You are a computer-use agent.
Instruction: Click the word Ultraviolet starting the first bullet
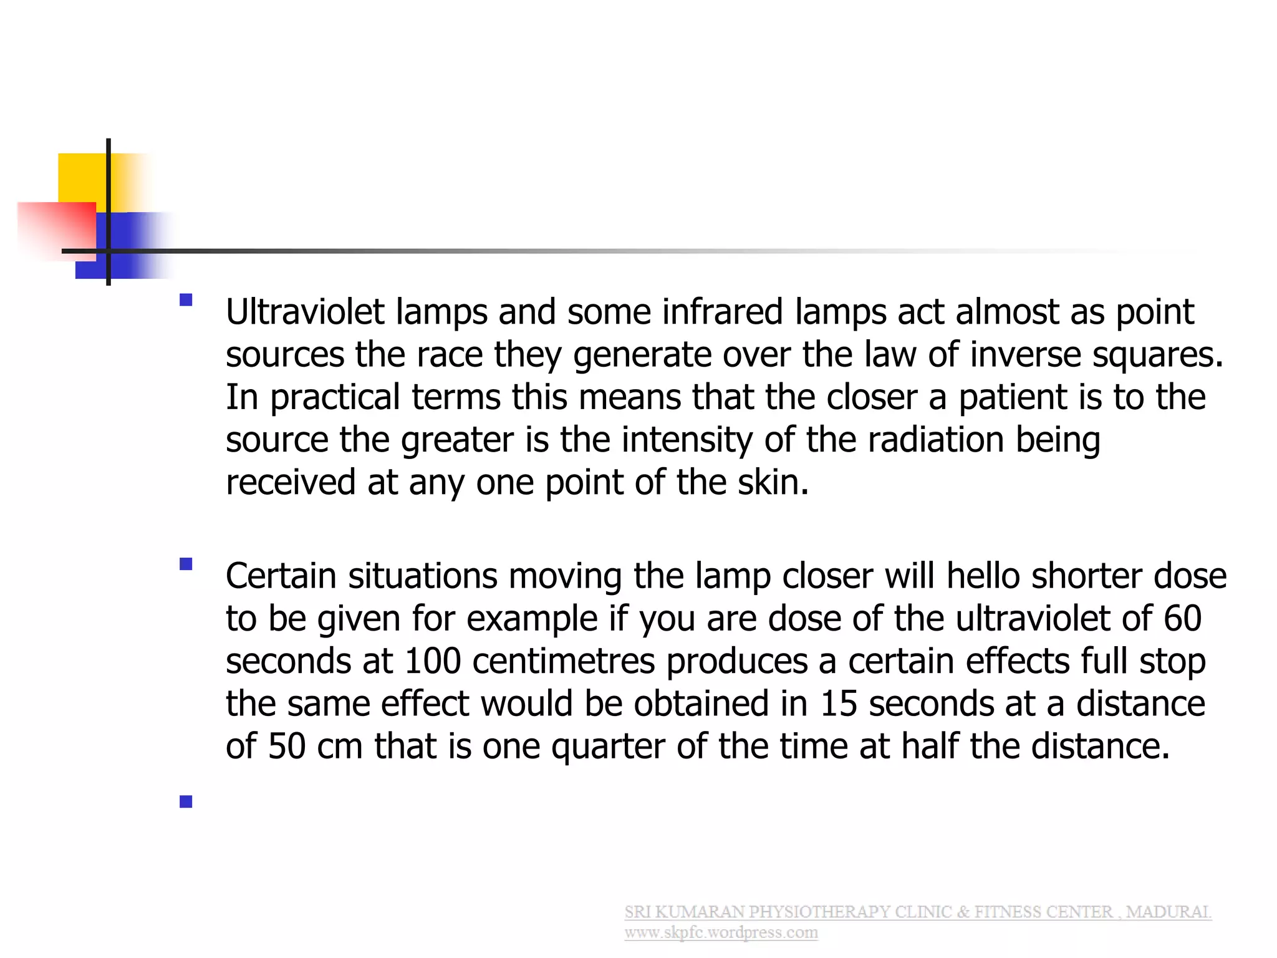[x=305, y=312]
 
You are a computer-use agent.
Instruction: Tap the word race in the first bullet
[x=449, y=355]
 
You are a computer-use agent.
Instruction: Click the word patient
[x=1012, y=398]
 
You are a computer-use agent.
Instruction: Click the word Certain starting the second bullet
[x=281, y=576]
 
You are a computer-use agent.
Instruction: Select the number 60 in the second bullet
[x=1182, y=618]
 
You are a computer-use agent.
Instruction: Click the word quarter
[x=608, y=747]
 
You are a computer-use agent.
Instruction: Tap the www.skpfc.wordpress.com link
[x=721, y=933]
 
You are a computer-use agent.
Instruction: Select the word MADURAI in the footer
[x=1169, y=912]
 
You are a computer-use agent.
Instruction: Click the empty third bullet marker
[x=186, y=802]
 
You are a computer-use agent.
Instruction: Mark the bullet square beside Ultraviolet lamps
[x=186, y=300]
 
